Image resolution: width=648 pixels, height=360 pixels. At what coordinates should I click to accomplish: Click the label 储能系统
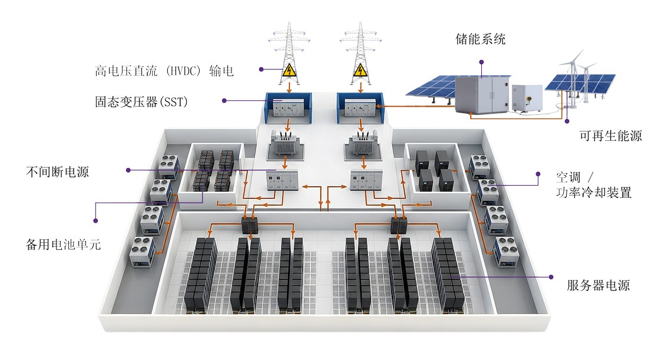click(480, 40)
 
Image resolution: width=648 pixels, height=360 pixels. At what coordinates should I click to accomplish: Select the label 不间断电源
click(57, 172)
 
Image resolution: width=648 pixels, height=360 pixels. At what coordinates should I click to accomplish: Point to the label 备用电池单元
click(64, 244)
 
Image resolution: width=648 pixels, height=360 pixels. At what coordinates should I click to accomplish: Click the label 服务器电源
click(599, 286)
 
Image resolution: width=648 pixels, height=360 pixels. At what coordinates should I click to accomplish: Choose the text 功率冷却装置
click(594, 192)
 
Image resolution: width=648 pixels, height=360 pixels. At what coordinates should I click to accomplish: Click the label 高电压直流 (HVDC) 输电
click(164, 71)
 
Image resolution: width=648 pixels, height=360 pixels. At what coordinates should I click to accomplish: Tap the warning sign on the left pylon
click(288, 71)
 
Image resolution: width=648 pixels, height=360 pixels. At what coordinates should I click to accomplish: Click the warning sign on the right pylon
click(359, 71)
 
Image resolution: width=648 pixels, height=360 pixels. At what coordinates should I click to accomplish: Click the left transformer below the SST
click(285, 144)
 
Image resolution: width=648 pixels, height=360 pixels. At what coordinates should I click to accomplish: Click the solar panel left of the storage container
click(430, 87)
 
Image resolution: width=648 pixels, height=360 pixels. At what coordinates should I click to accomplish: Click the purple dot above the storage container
click(481, 61)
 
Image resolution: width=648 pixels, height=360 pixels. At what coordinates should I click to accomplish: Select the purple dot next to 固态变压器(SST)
click(224, 101)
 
